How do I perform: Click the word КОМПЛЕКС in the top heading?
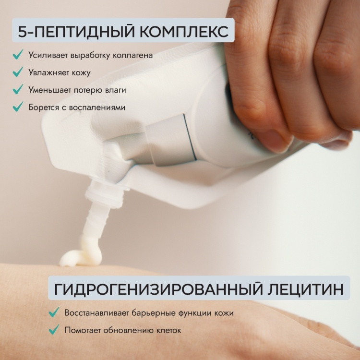coord(184,31)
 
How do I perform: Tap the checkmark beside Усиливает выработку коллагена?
coord(18,55)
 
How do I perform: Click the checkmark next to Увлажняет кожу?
coord(18,72)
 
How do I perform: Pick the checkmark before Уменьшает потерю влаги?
coord(18,89)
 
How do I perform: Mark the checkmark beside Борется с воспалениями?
coord(18,107)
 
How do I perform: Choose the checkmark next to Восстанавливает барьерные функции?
coord(54,312)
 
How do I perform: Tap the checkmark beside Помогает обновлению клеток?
coord(54,330)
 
